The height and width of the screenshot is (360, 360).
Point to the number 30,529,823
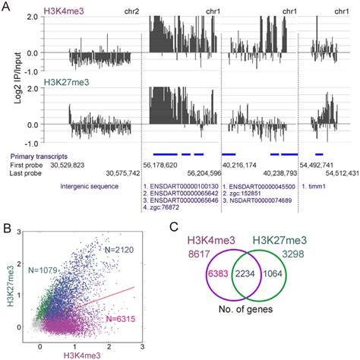pyautogui.click(x=73, y=163)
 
